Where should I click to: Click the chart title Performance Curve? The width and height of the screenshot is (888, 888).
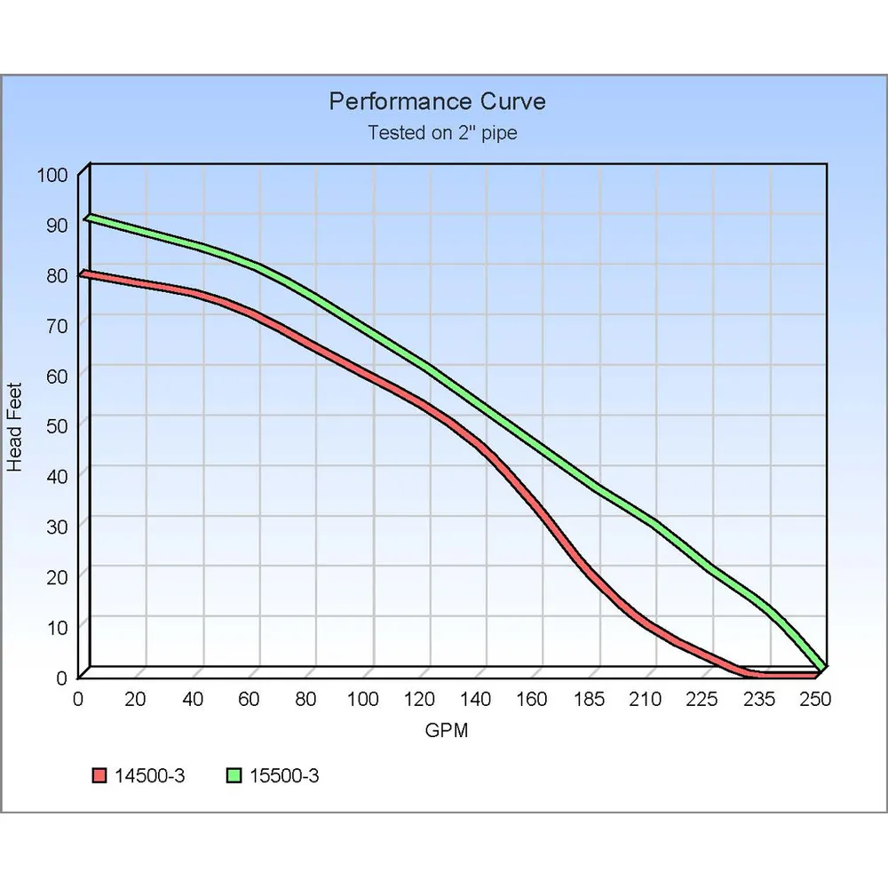pyautogui.click(x=437, y=101)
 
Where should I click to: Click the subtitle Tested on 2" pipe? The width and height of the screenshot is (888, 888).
pyautogui.click(x=442, y=132)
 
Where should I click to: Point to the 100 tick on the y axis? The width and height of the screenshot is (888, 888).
pyautogui.click(x=52, y=175)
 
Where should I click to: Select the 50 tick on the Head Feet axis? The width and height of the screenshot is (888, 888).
pyautogui.click(x=57, y=426)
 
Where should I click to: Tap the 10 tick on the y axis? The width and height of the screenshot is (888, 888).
pyautogui.click(x=57, y=628)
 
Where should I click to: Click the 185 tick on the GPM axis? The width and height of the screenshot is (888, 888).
pyautogui.click(x=589, y=700)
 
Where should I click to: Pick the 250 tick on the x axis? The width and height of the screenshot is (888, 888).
pyautogui.click(x=815, y=700)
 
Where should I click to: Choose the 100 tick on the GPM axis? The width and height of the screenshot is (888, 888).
pyautogui.click(x=362, y=700)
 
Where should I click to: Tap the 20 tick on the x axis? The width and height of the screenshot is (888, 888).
pyautogui.click(x=135, y=700)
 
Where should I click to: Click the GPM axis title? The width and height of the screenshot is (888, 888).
pyautogui.click(x=447, y=730)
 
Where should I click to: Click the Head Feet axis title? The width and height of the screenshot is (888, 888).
pyautogui.click(x=14, y=427)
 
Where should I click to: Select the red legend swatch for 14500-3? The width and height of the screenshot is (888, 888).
pyautogui.click(x=99, y=775)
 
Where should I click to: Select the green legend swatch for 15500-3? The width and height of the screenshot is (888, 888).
pyautogui.click(x=234, y=775)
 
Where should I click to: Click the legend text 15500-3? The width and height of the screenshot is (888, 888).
pyautogui.click(x=284, y=775)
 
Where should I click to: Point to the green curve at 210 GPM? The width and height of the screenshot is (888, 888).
pyautogui.click(x=656, y=523)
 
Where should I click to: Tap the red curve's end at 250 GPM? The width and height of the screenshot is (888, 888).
pyautogui.click(x=817, y=675)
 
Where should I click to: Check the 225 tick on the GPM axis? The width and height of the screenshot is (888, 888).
pyautogui.click(x=702, y=700)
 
